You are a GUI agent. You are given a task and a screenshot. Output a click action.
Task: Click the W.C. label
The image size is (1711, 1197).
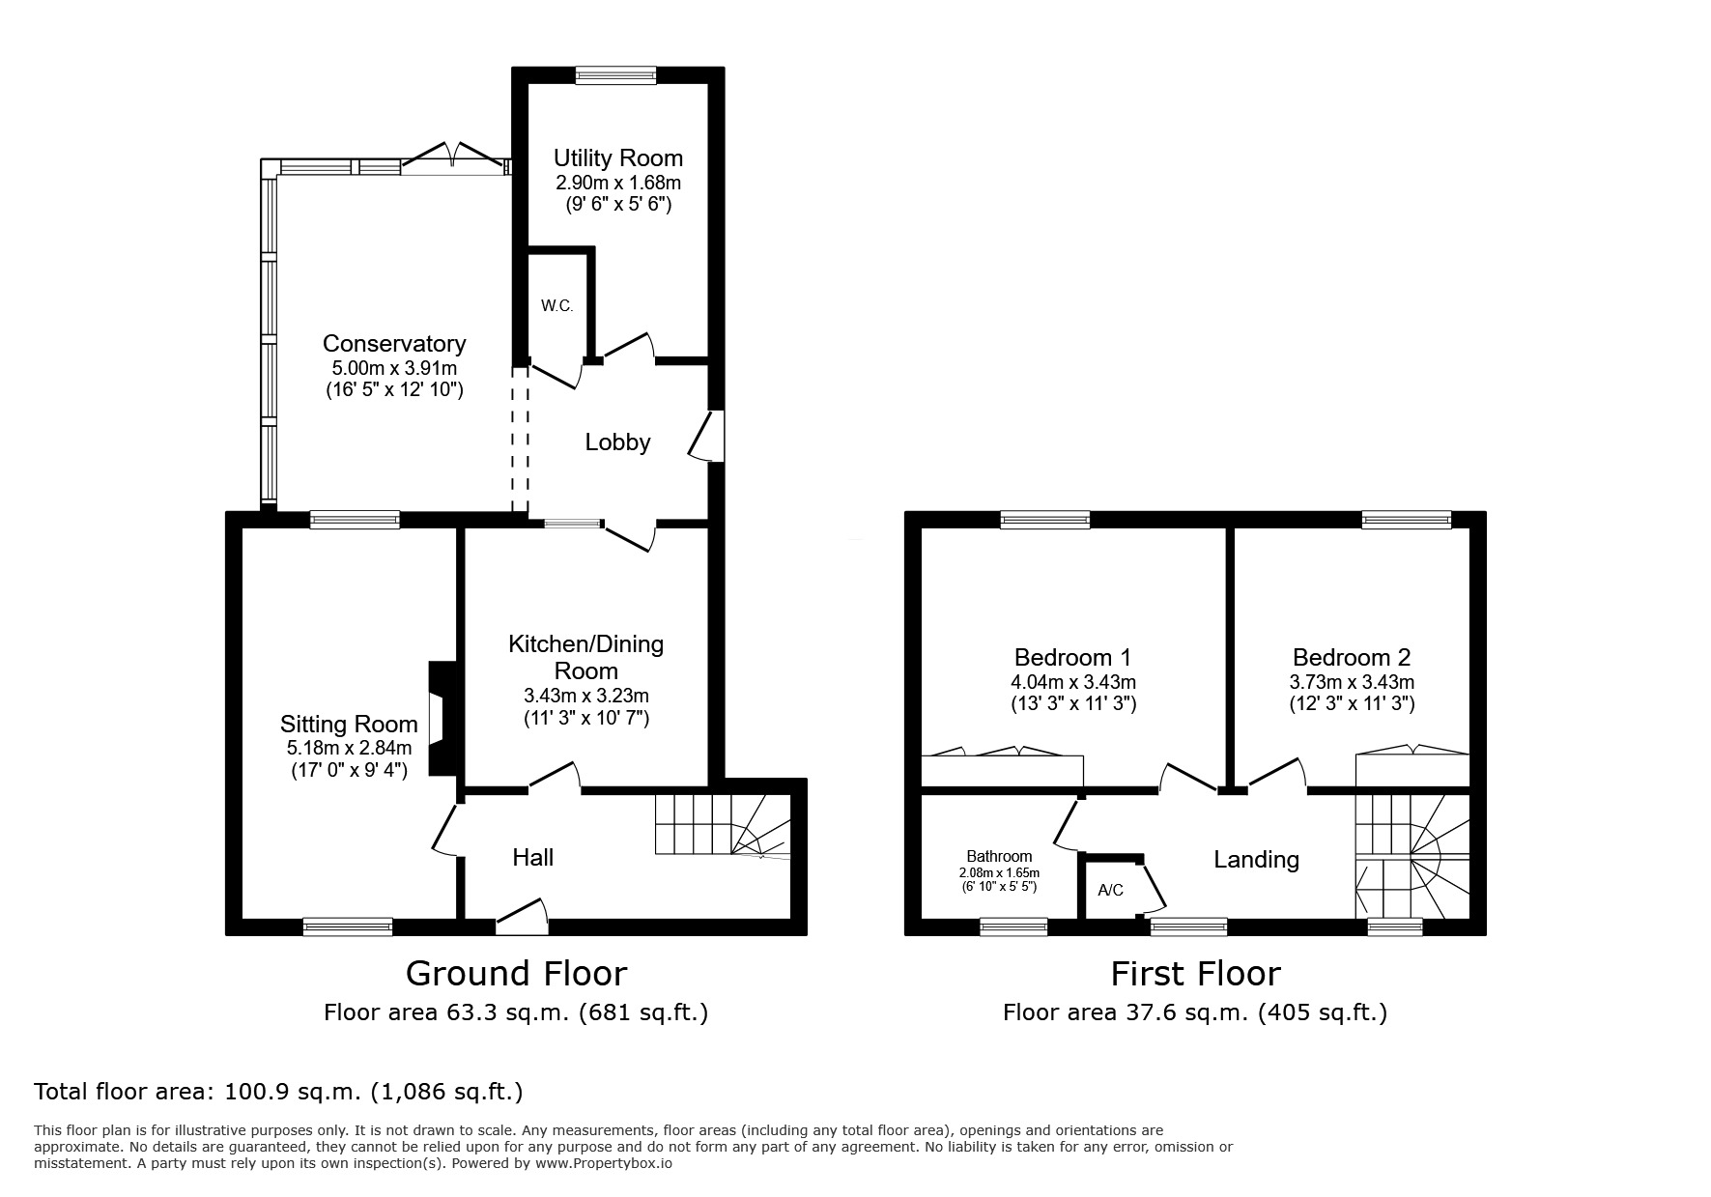tap(557, 306)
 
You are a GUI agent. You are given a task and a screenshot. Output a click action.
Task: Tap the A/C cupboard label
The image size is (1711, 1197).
tap(1111, 890)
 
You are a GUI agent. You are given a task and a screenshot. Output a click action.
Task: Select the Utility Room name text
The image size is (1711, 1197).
tap(617, 158)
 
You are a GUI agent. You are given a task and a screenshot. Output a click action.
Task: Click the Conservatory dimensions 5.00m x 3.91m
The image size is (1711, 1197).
tap(394, 368)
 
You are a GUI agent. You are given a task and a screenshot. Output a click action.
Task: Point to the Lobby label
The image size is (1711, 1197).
tap(617, 442)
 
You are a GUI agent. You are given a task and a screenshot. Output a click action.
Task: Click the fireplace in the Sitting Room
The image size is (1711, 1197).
tap(442, 718)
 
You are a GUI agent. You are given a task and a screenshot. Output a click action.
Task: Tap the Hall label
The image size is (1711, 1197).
tap(532, 857)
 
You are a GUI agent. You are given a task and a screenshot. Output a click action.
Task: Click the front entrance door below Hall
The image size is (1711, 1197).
tap(523, 919)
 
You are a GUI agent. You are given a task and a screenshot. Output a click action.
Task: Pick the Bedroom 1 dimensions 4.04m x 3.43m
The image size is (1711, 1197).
tap(1072, 681)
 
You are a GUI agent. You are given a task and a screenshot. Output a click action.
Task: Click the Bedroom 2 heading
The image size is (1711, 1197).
tap(1352, 658)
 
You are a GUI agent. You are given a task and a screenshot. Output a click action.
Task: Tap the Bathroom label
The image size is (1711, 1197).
tap(999, 856)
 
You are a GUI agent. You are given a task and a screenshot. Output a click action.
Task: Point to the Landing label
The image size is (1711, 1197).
tap(1256, 859)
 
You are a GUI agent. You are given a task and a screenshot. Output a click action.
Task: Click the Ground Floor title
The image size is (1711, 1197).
tap(516, 973)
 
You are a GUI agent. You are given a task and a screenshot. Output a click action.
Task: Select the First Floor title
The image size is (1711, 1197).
tap(1195, 973)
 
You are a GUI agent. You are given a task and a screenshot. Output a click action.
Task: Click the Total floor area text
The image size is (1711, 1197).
tap(278, 1092)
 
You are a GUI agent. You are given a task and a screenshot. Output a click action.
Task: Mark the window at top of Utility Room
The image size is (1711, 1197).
tap(616, 75)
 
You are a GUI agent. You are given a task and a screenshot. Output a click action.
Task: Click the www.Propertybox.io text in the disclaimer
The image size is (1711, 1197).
tap(604, 1164)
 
